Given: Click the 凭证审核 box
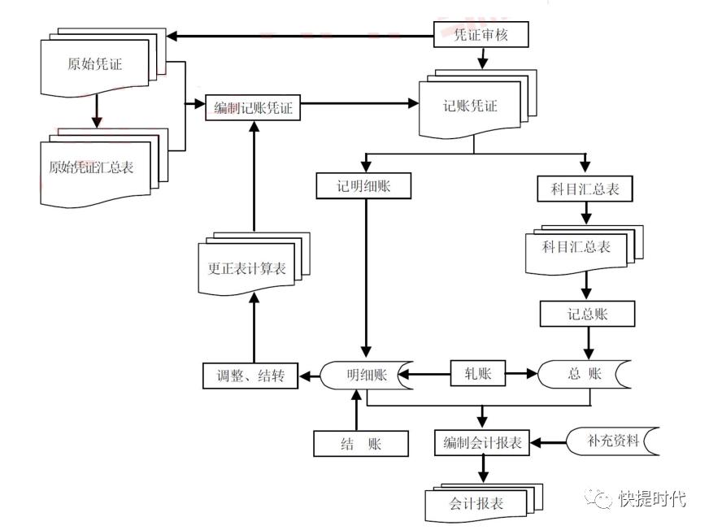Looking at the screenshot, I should pyautogui.click(x=481, y=35).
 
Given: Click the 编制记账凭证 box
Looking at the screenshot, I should pyautogui.click(x=253, y=108).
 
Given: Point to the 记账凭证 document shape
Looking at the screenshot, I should pyautogui.click(x=470, y=107).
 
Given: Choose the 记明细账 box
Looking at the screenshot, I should pyautogui.click(x=364, y=186).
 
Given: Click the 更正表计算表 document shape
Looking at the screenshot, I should pyautogui.click(x=246, y=269).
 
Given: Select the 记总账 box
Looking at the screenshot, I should pyautogui.click(x=586, y=315).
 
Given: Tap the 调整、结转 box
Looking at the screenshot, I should pyautogui.click(x=250, y=376).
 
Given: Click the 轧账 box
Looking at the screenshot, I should pyautogui.click(x=477, y=375).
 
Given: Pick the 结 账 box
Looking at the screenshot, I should pyautogui.click(x=361, y=444).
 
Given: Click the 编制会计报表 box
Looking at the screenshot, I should pyautogui.click(x=482, y=444).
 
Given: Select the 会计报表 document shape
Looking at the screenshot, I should pyautogui.click(x=476, y=504).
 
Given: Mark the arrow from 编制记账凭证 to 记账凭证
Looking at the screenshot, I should pyautogui.click(x=359, y=104).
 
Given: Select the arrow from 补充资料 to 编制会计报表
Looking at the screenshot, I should pyautogui.click(x=548, y=444).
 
